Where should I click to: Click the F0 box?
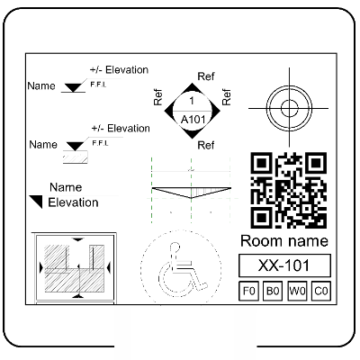click(x=248, y=291)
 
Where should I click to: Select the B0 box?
click(x=273, y=291)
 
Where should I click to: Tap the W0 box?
click(x=297, y=291)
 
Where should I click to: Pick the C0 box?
click(x=321, y=291)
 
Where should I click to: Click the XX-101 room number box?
click(x=284, y=265)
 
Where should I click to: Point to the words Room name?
click(x=284, y=241)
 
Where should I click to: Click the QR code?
click(x=289, y=190)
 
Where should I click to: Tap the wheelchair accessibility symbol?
click(x=181, y=268)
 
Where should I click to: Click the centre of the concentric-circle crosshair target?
click(x=289, y=108)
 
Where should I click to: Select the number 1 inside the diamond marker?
click(x=192, y=101)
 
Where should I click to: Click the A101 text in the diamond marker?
click(x=193, y=120)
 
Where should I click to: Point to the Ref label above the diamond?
click(x=206, y=76)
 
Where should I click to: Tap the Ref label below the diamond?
click(x=206, y=145)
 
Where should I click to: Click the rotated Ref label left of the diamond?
click(x=157, y=97)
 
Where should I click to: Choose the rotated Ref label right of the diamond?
click(x=226, y=97)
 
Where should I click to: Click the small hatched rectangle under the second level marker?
click(x=76, y=157)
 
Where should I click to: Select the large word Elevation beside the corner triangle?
click(x=73, y=202)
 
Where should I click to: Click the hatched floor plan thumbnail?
click(x=74, y=267)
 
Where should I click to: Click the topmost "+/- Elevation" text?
click(x=119, y=70)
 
